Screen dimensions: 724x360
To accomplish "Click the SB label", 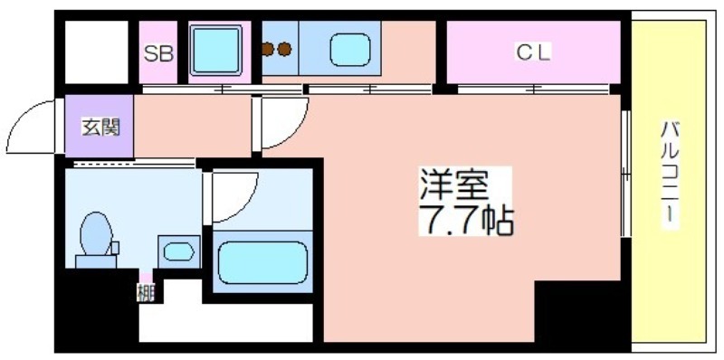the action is point(158,54).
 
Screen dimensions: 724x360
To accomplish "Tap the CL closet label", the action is point(533,53).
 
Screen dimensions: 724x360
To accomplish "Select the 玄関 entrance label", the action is point(100,127).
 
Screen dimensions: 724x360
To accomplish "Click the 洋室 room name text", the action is point(454,185).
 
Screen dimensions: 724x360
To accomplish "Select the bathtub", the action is point(262,262).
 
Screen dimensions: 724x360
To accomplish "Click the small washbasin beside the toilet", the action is point(179,252).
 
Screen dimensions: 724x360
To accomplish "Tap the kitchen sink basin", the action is point(350,50).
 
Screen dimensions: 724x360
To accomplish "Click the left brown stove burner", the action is point(268,49).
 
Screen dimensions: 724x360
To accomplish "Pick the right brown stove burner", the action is point(285,49).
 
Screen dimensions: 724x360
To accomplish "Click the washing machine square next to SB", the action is point(216,50).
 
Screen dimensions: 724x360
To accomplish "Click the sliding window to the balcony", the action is point(625,174).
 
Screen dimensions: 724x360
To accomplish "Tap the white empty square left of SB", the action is point(97,52).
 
